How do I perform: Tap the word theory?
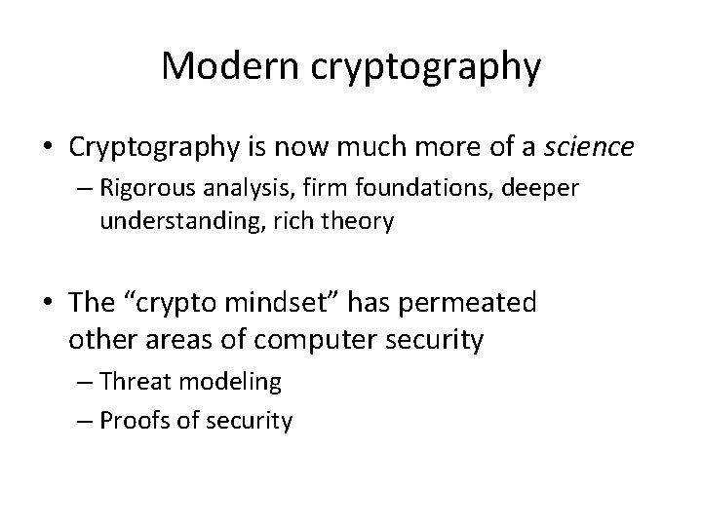point(360,223)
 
